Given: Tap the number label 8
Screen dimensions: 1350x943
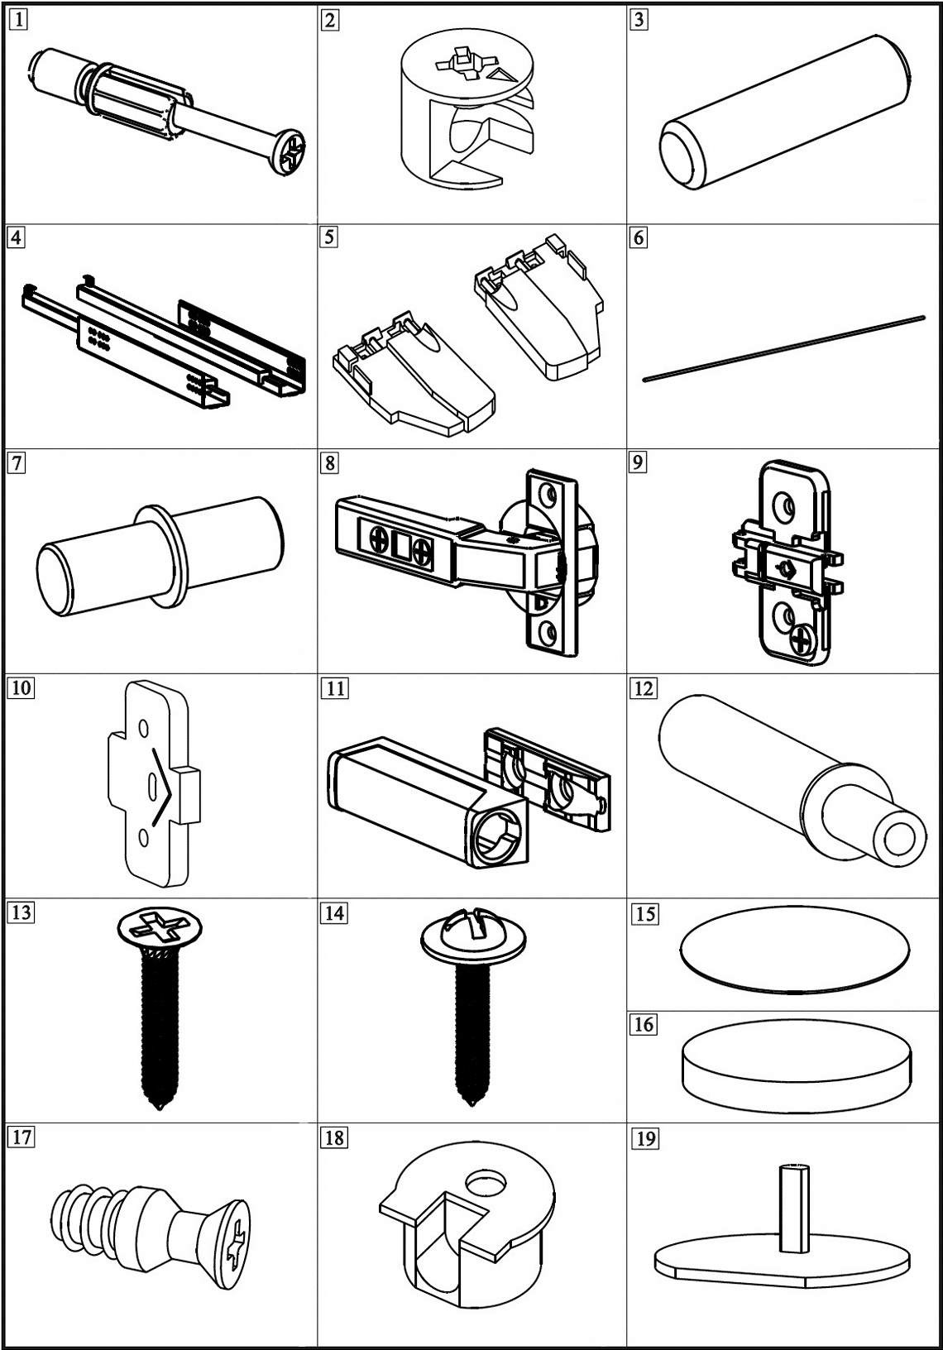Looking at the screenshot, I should (x=329, y=462).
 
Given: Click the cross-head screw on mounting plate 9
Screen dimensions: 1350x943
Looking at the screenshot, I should (x=801, y=639).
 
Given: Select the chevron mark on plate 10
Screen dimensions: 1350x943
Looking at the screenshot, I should (x=163, y=787).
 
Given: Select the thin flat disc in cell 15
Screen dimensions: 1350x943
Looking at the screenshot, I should (x=794, y=953).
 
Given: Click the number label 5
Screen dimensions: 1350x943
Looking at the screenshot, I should (x=329, y=237).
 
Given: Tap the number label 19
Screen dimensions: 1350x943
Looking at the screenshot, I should (x=644, y=1138).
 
